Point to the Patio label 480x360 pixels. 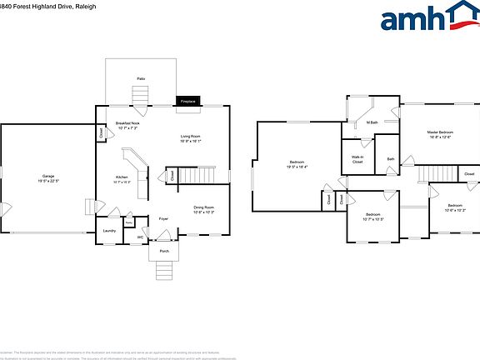[141, 78]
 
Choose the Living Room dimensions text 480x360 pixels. [191, 141]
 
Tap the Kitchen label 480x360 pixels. [122, 177]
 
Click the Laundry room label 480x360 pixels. [109, 231]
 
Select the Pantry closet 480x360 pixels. [129, 222]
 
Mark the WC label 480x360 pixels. [141, 237]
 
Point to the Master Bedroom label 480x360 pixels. [440, 132]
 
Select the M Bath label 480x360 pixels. [372, 122]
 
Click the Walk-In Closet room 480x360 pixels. [357, 158]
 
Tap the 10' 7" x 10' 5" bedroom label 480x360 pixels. [373, 217]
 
